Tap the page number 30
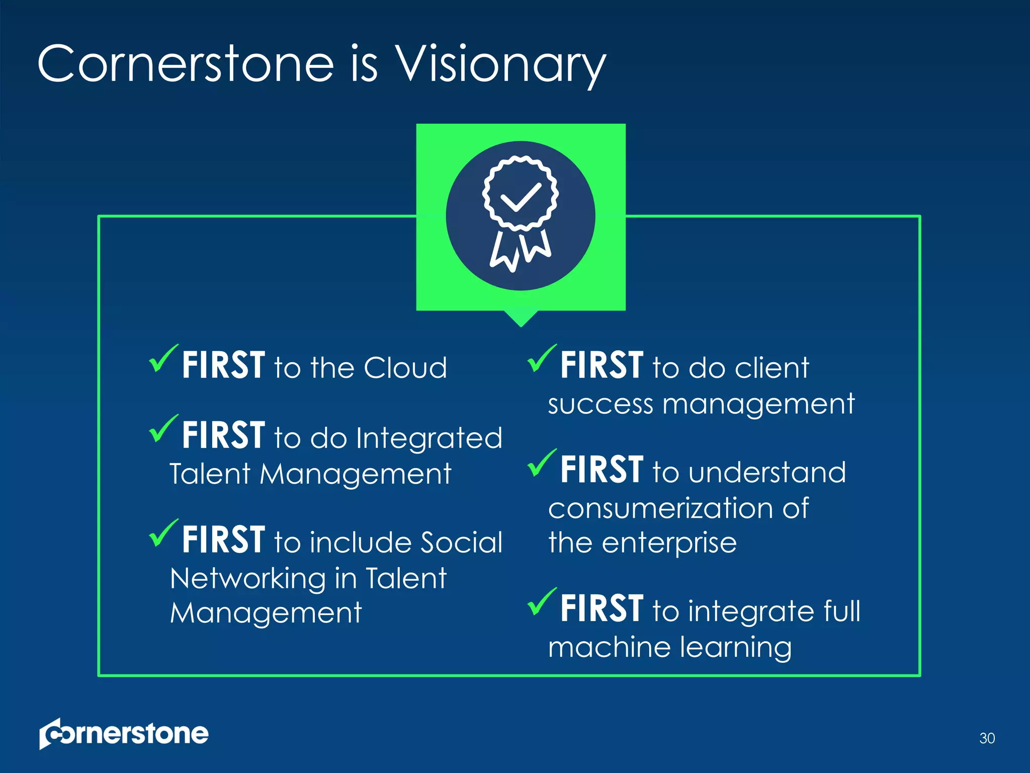(987, 738)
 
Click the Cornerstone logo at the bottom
(124, 734)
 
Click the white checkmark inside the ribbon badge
(521, 197)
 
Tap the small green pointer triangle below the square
(521, 318)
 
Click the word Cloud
(405, 367)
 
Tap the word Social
(461, 542)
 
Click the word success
(600, 404)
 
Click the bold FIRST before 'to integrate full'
(602, 608)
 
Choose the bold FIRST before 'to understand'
(602, 470)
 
